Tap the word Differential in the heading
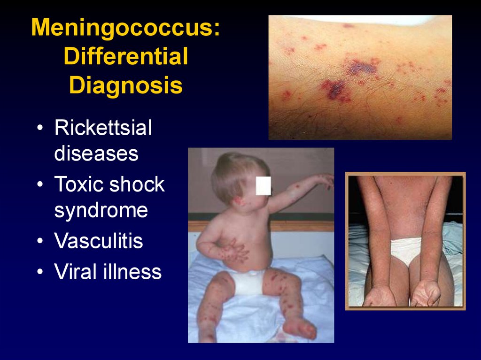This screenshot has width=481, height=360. [x=125, y=57]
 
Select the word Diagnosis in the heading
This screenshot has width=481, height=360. [x=125, y=86]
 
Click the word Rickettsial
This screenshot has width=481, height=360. [x=103, y=128]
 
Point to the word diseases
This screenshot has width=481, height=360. [x=96, y=153]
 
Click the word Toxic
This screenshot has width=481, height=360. [x=79, y=184]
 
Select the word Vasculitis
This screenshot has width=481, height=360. [x=99, y=241]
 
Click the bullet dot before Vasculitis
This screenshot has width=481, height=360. [x=41, y=242]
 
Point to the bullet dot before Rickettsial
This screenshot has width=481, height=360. [x=41, y=129]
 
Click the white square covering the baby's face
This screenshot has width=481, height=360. [x=264, y=185]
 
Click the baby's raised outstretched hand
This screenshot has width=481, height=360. [x=325, y=180]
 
